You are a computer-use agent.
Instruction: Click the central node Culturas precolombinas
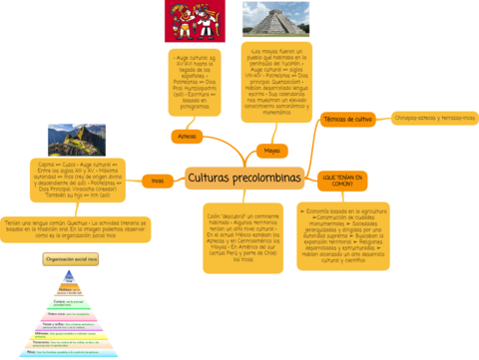point(243,179)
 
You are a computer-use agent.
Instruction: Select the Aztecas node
point(187,135)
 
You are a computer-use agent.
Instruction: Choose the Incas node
point(158,180)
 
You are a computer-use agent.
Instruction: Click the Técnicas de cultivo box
point(348,119)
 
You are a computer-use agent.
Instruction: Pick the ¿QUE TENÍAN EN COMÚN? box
point(342,180)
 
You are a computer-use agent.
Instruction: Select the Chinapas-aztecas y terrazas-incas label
point(435,118)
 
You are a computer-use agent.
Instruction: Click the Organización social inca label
point(71,259)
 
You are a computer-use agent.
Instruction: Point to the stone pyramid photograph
point(275,19)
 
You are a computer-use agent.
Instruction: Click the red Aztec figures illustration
point(195,21)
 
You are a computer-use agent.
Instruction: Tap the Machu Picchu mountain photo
point(77,140)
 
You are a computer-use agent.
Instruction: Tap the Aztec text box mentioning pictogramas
point(195,84)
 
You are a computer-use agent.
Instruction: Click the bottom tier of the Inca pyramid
point(71,351)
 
